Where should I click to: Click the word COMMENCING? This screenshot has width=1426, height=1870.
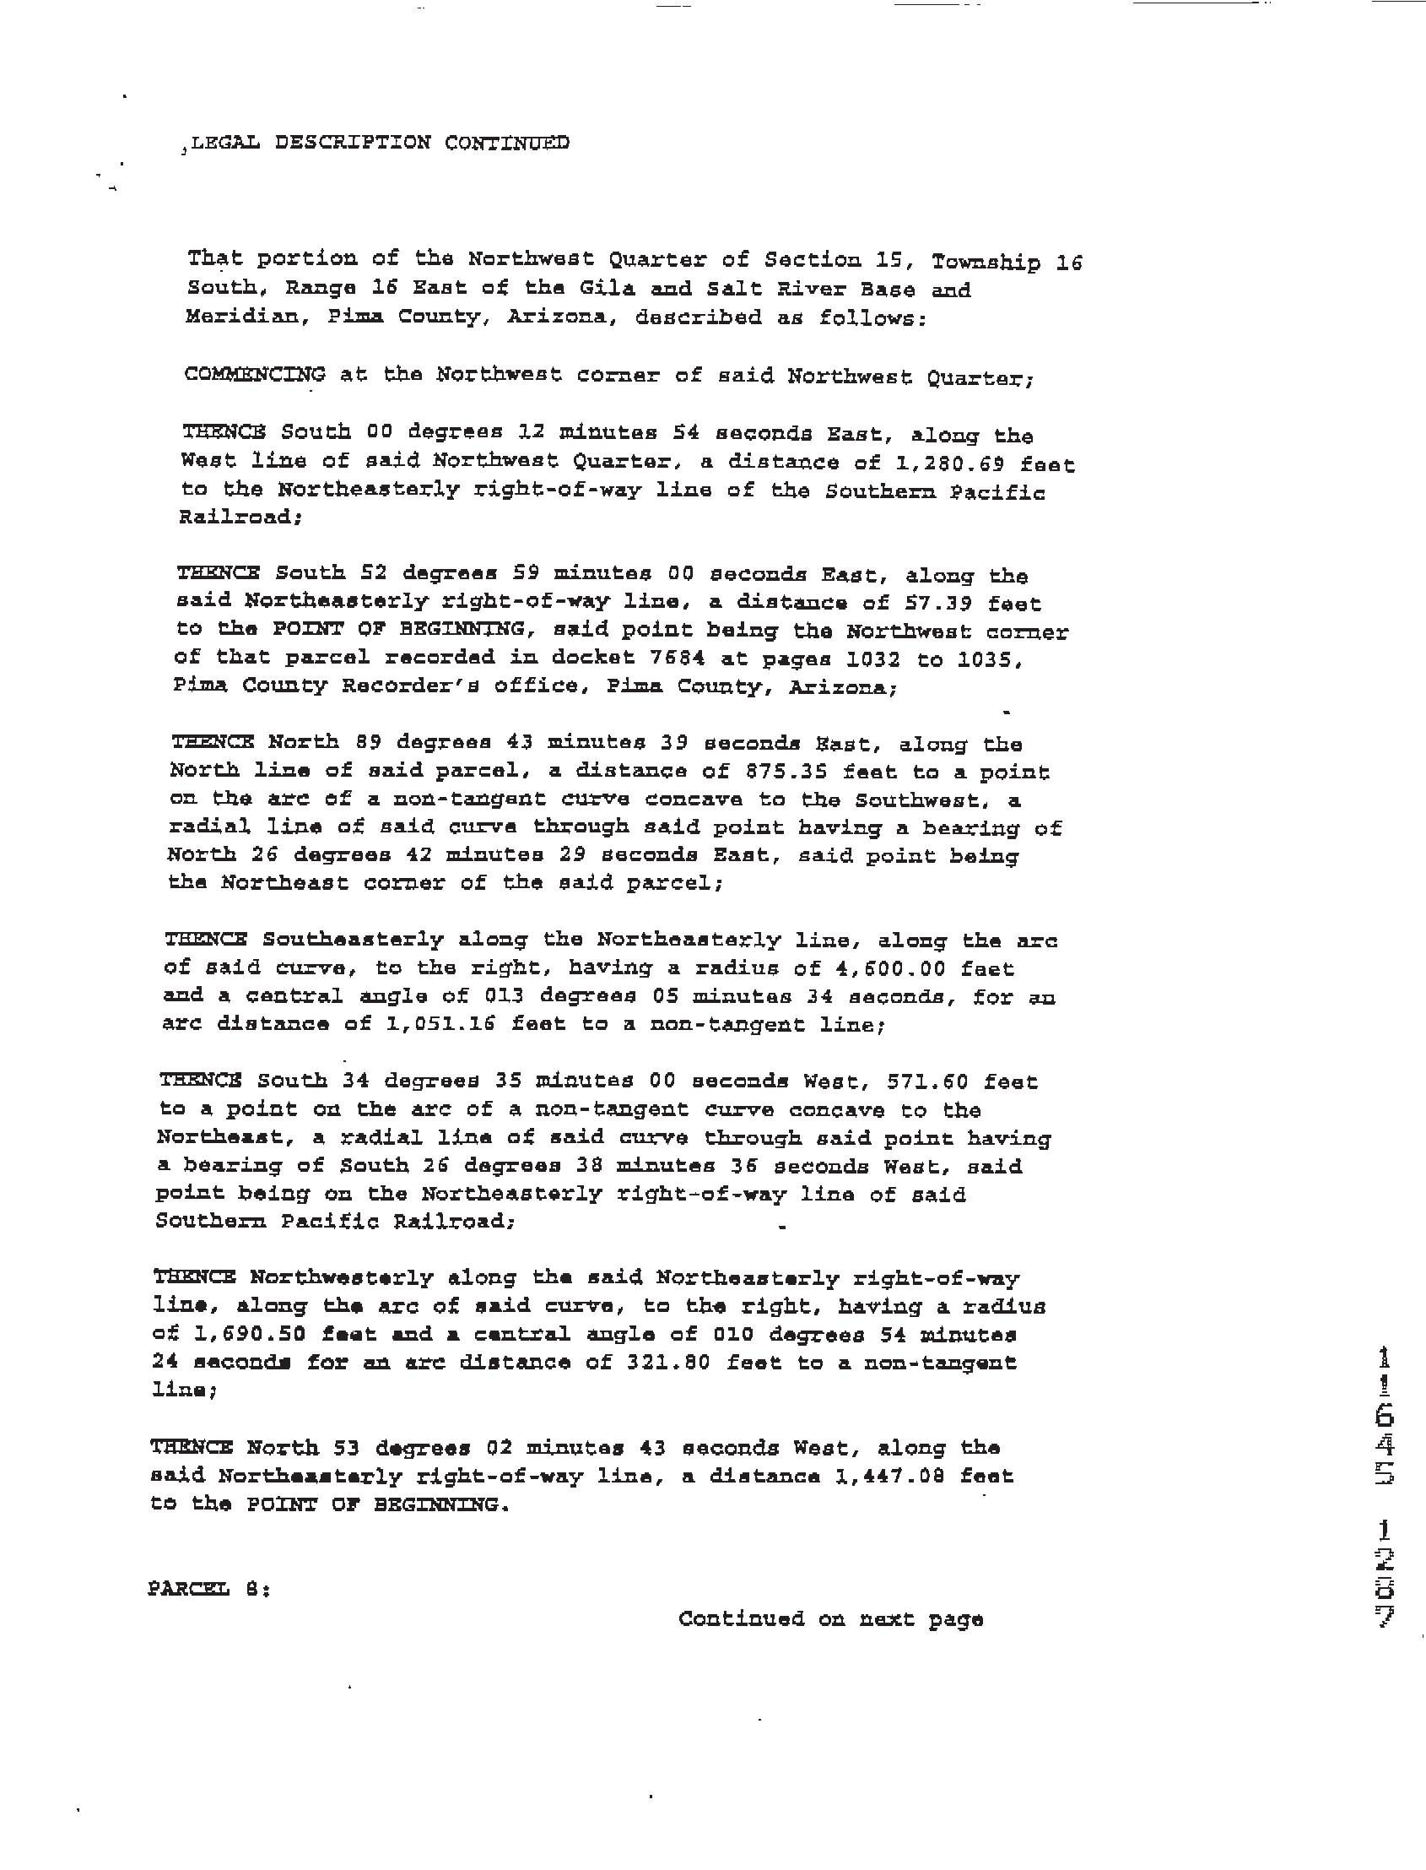click(254, 374)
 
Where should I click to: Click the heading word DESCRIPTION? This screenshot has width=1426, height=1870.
click(352, 143)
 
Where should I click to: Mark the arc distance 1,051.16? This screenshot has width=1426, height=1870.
click(440, 1024)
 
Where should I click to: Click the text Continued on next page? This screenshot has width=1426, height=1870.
click(830, 1618)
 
